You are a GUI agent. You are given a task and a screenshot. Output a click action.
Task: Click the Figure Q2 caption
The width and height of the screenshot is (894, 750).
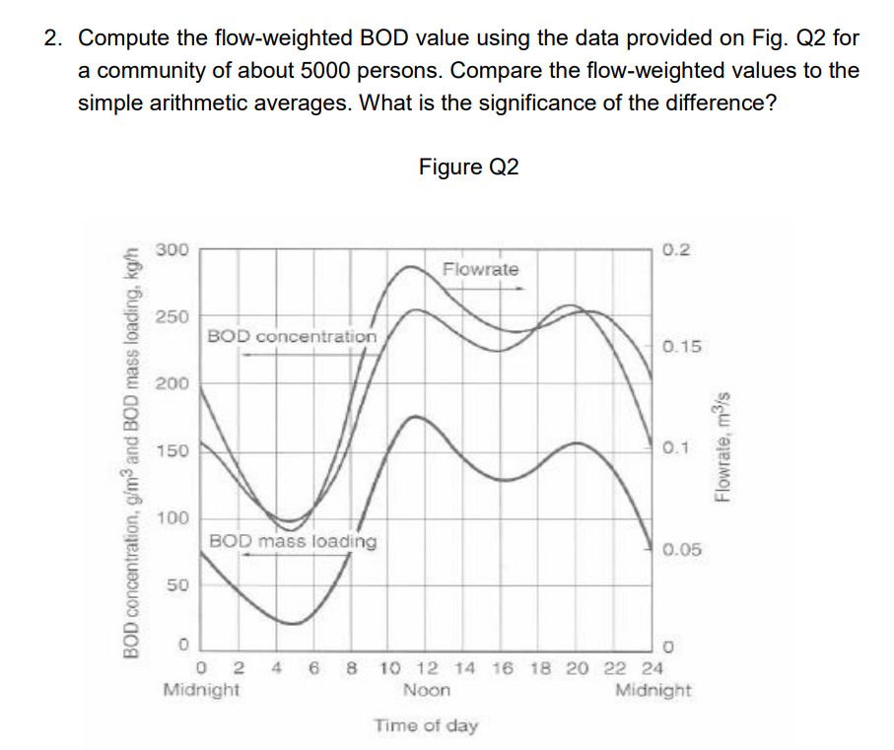[x=467, y=167]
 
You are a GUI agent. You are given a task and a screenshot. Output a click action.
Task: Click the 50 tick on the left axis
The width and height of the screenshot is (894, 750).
[x=175, y=584]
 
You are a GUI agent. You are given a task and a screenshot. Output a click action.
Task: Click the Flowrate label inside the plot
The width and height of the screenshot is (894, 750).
[x=480, y=269]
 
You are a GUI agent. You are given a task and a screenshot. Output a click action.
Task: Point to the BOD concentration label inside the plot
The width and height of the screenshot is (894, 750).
[x=292, y=336]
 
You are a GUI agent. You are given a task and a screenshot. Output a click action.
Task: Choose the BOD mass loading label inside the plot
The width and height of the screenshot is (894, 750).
[x=292, y=541]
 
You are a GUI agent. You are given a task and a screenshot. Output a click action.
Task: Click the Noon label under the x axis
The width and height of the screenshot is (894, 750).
[x=427, y=690]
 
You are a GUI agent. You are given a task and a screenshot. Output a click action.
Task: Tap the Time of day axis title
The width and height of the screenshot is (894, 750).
[x=426, y=726]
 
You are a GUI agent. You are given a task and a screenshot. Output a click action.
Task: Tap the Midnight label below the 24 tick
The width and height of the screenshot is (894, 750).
[x=653, y=690]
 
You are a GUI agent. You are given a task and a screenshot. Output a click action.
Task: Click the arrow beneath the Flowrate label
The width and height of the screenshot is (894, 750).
[x=483, y=289]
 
